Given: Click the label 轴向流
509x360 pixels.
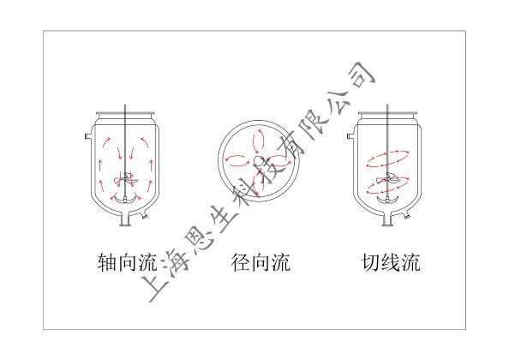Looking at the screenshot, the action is pyautogui.click(x=127, y=262).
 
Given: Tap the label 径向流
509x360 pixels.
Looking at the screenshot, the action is pyautogui.click(x=260, y=262).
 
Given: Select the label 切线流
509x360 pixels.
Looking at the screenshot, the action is pyautogui.click(x=391, y=262).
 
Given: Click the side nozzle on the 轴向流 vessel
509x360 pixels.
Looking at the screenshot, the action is pyautogui.click(x=87, y=136).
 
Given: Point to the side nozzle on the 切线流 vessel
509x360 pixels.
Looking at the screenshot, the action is pyautogui.click(x=350, y=136).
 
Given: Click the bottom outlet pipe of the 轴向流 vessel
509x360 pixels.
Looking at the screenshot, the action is pyautogui.click(x=125, y=219).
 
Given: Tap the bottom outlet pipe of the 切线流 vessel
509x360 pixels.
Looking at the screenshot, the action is pyautogui.click(x=387, y=219).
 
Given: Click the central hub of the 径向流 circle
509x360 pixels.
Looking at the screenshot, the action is pyautogui.click(x=257, y=160).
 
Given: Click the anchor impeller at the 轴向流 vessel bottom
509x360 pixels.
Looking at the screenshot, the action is pyautogui.click(x=125, y=201).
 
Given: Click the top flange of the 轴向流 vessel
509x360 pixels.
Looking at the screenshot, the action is pyautogui.click(x=125, y=115).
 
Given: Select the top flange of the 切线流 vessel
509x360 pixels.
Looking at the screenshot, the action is pyautogui.click(x=387, y=115).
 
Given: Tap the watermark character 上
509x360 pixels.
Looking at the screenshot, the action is pyautogui.click(x=158, y=285).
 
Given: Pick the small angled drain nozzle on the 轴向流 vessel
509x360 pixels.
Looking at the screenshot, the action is pyautogui.click(x=144, y=214).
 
